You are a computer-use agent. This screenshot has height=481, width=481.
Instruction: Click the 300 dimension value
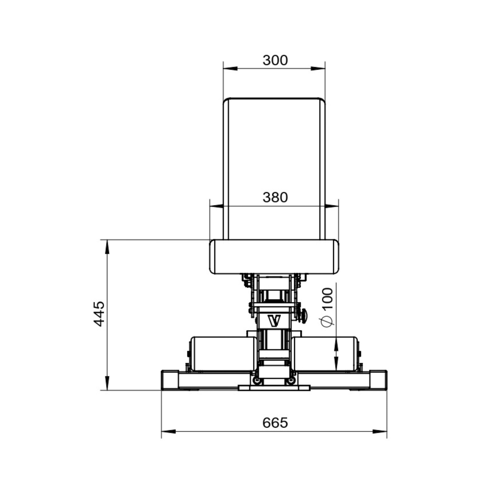coord(275,60)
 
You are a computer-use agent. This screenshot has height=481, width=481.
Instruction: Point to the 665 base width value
coord(275,423)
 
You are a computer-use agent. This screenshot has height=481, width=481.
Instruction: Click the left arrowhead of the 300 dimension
coord(230,68)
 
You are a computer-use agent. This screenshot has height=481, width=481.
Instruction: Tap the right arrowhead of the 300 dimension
coord(318,68)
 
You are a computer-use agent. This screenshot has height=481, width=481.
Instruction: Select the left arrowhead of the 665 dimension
coord(168,431)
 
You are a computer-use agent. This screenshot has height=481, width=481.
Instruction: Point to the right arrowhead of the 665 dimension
coord(380,431)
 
